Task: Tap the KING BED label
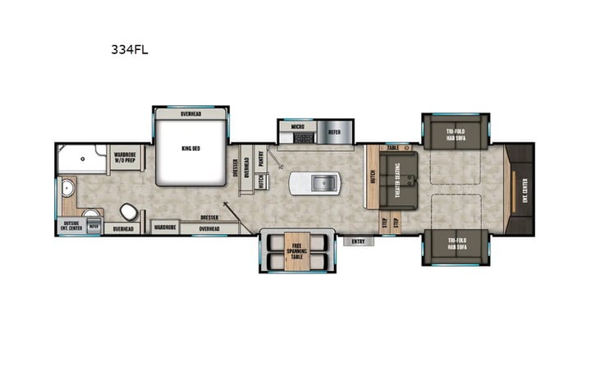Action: pyautogui.click(x=190, y=149)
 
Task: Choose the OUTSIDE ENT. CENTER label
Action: pyautogui.click(x=71, y=226)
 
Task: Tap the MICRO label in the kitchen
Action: pyautogui.click(x=296, y=128)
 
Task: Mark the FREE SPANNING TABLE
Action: pyautogui.click(x=295, y=250)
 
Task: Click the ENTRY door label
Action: pyautogui.click(x=358, y=241)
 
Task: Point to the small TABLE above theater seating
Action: pyautogui.click(x=393, y=149)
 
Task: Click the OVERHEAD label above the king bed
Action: pyautogui.click(x=190, y=114)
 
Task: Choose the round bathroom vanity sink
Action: pyautogui.click(x=69, y=194)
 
